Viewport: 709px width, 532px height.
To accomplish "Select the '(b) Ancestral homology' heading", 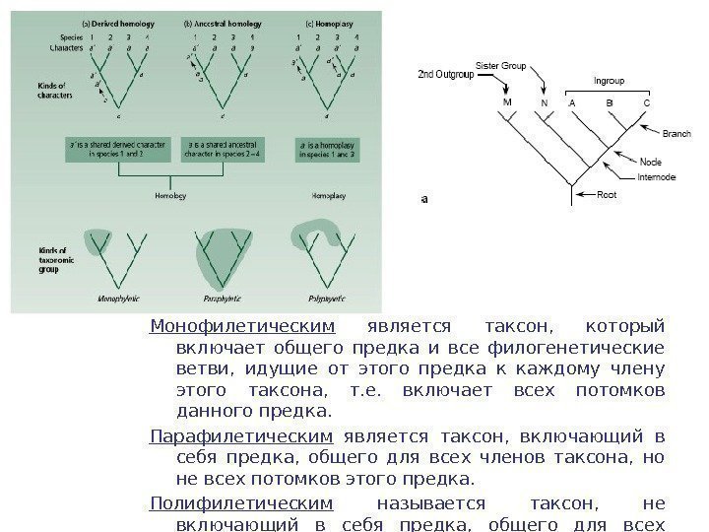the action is pos(216,22).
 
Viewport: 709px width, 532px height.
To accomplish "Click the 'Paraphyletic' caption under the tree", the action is pos(225,297).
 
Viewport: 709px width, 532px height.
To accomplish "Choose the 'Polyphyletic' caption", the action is pos(321,297).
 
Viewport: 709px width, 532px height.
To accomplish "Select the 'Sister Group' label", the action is pos(501,64).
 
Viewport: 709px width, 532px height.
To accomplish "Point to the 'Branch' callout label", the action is pos(676,132).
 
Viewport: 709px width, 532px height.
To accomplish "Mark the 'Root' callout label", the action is pos(609,195).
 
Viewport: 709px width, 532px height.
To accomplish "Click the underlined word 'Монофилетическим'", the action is pos(242,326).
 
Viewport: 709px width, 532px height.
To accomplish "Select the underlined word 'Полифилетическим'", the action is pos(241,503).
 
